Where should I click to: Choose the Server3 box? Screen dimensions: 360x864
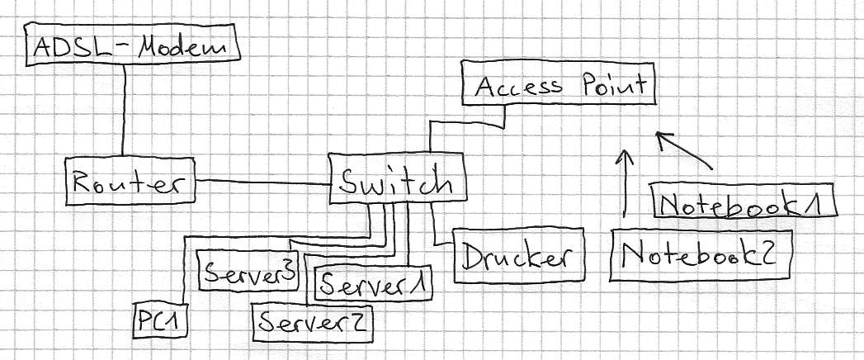point(248,268)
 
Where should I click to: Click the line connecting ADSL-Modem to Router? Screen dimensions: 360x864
point(123,111)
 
